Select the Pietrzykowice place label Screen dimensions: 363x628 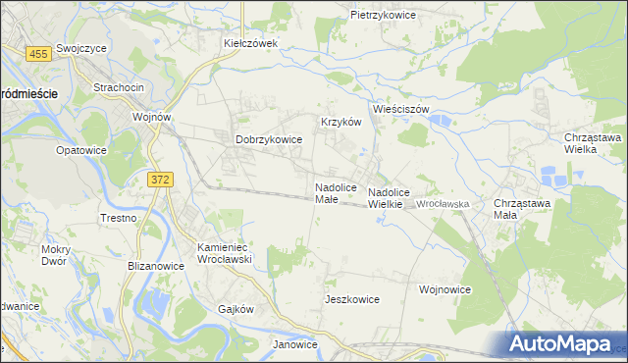tap(384, 16)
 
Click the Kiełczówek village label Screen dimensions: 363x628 tap(251, 43)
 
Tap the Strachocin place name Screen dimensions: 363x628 tap(119, 88)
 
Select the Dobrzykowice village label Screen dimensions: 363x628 tap(269, 140)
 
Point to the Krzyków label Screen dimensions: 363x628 tap(342, 123)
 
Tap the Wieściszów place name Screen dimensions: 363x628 tap(400, 110)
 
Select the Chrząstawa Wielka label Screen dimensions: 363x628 tap(593, 144)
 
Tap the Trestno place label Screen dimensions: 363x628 tap(118, 218)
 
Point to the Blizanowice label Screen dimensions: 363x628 tap(157, 265)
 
